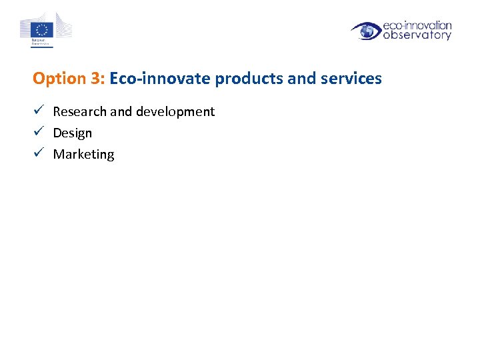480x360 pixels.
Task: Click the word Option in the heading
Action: [55, 79]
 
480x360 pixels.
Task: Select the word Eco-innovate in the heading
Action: [160, 79]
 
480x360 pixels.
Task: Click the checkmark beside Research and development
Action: [39, 111]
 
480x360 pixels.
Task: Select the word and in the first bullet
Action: [121, 112]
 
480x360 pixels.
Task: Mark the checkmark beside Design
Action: [39, 132]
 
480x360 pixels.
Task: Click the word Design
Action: [73, 133]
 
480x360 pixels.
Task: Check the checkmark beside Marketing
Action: [39, 153]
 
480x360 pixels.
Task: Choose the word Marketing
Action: [84, 155]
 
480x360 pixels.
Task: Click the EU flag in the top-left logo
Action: [44, 29]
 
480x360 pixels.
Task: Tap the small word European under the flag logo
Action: [39, 40]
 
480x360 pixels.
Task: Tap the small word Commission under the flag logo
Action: [39, 44]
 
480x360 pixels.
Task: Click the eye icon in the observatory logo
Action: [367, 31]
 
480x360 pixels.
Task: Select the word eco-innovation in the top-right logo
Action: [417, 25]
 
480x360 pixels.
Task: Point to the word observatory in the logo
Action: [417, 35]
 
